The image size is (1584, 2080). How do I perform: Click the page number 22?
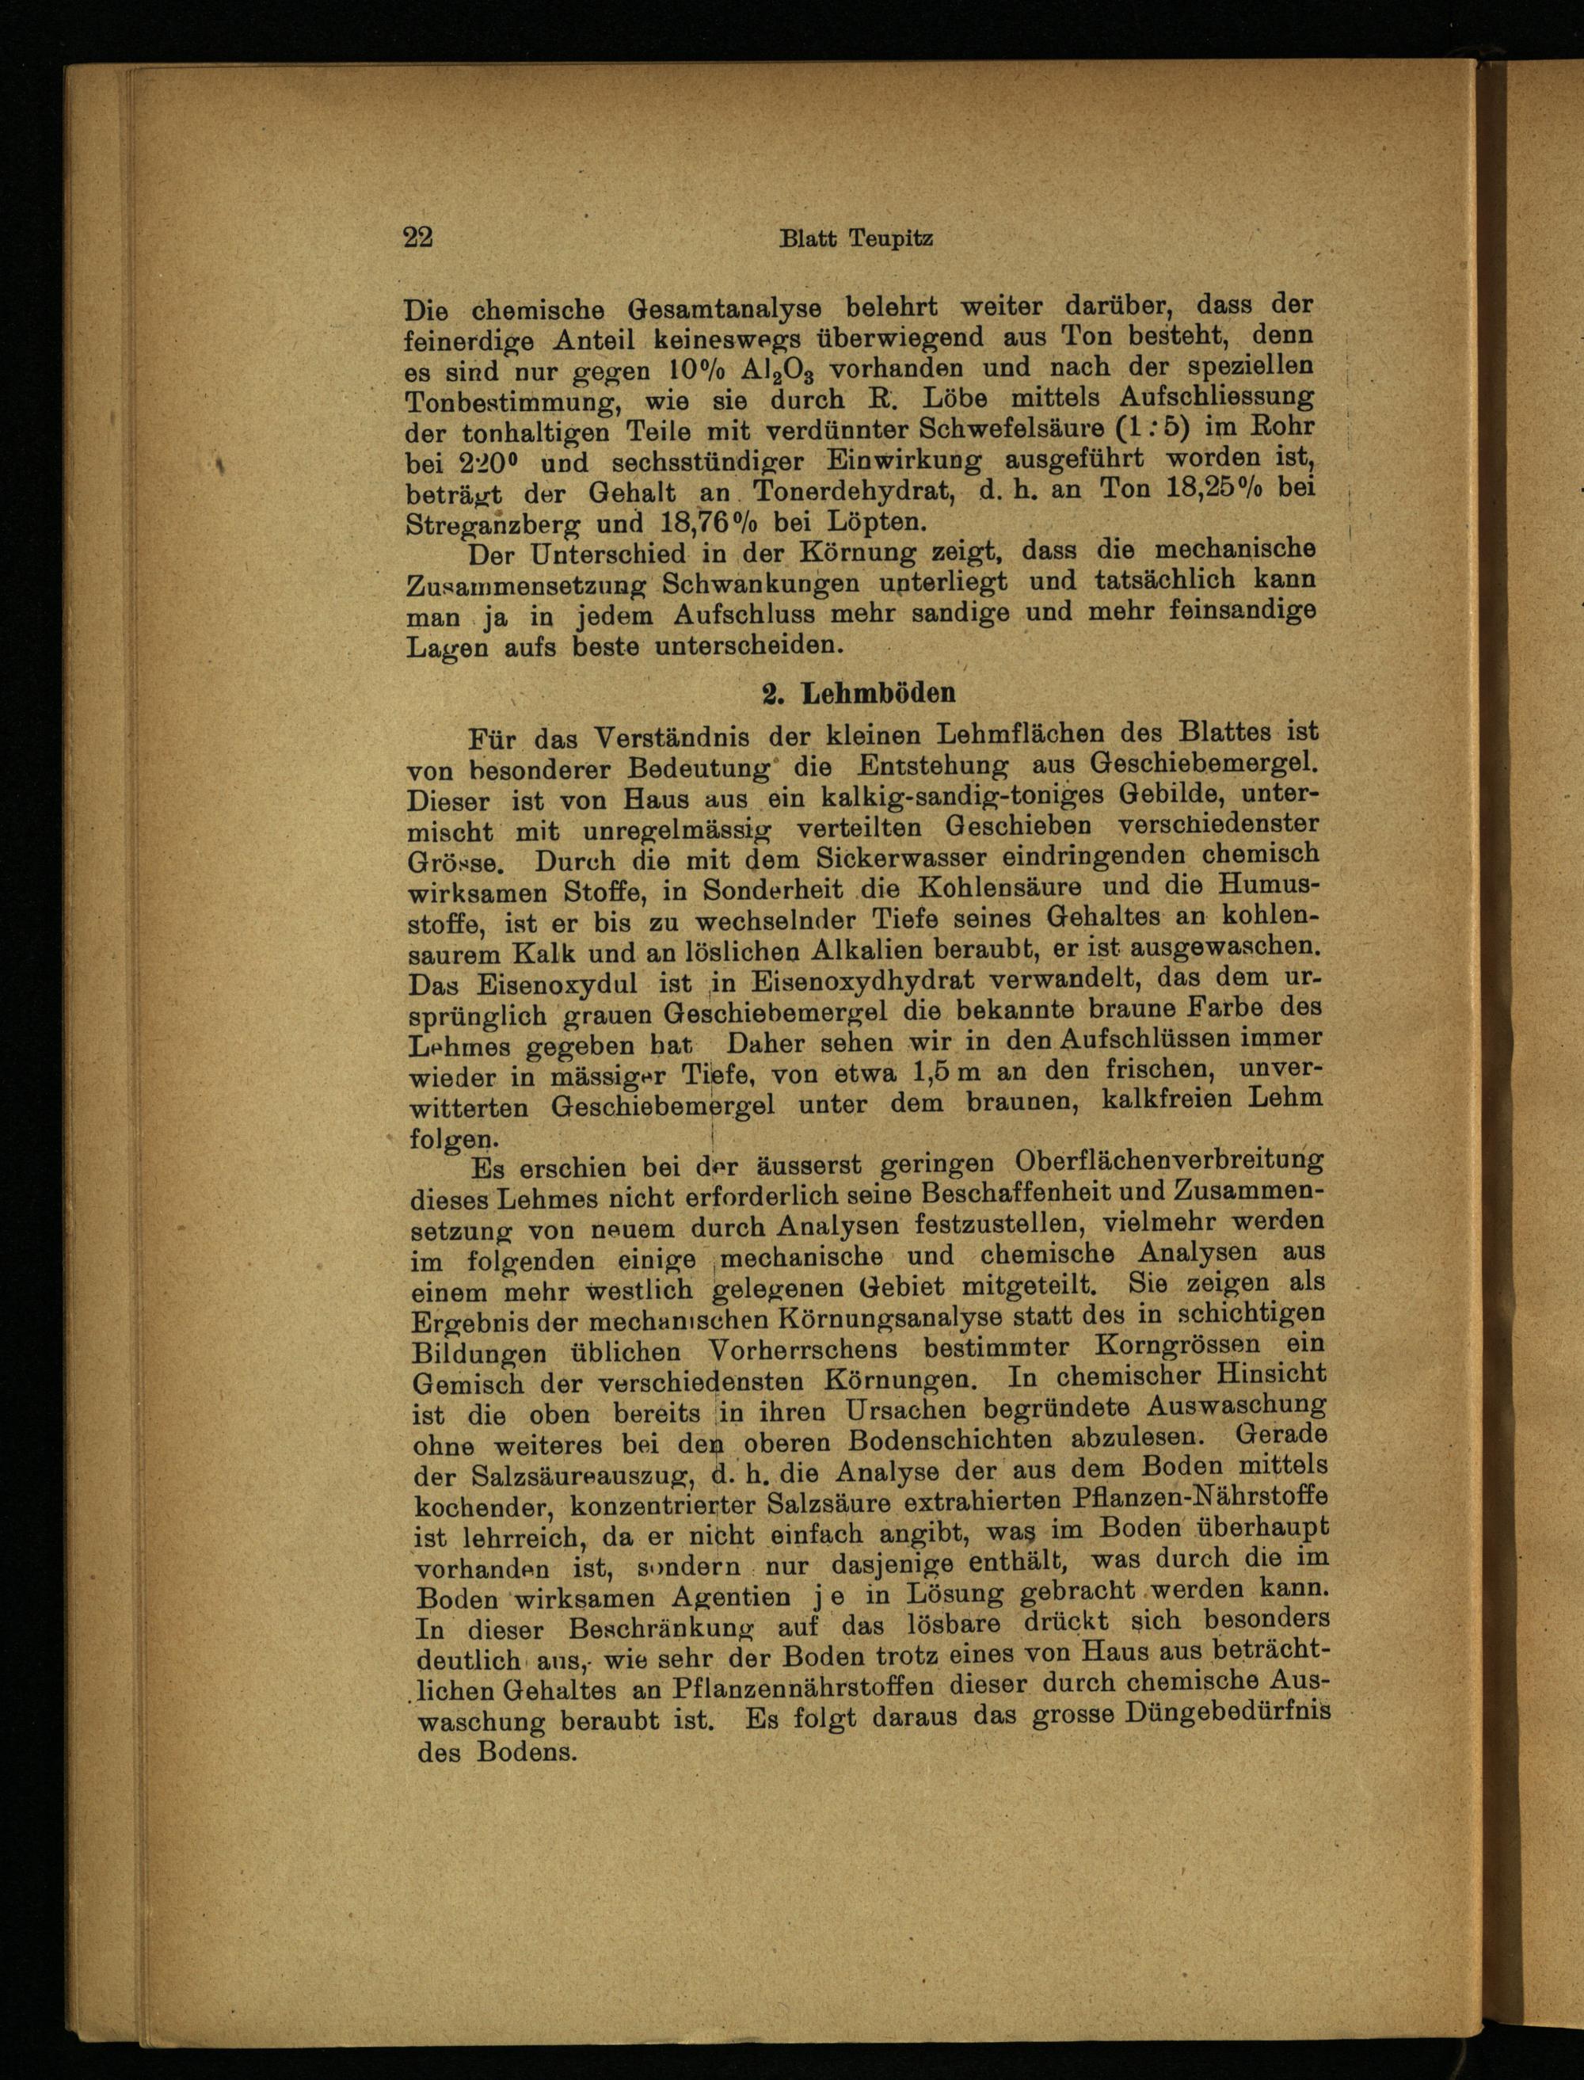pyautogui.click(x=417, y=237)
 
